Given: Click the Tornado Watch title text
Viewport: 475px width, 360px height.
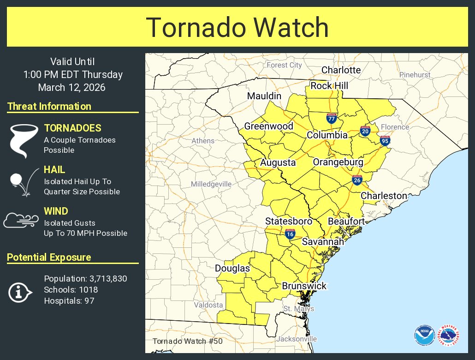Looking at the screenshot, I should (237, 28).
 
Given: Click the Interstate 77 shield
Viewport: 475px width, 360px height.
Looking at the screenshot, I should (331, 118).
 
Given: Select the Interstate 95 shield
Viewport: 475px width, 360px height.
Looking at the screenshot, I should (385, 140).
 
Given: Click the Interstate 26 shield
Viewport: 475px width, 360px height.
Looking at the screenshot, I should (357, 180).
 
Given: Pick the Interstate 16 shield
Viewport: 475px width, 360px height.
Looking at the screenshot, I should (290, 234).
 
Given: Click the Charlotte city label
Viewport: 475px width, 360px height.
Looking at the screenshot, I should (341, 70).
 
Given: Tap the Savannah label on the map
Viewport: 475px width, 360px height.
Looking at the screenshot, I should (323, 242).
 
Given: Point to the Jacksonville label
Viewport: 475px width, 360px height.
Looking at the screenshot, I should (297, 339).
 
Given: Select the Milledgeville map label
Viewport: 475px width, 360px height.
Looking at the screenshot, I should (211, 184).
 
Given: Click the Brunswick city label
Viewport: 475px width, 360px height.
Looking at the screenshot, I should (304, 286).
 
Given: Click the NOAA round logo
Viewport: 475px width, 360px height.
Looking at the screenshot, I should (424, 336).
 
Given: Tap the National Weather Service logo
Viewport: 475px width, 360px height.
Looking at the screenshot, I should (449, 336).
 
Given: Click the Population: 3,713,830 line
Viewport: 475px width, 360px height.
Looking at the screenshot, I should (85, 279).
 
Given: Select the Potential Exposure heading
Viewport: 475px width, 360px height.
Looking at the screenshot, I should (49, 258).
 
